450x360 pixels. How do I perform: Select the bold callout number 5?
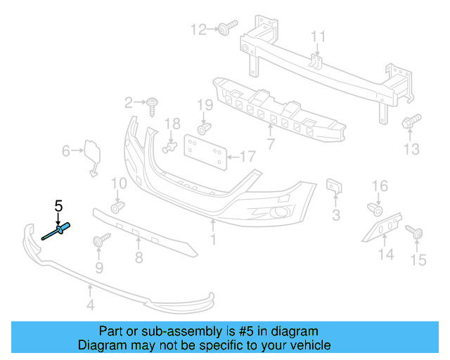pos(59,206)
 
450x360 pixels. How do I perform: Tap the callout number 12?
pos(199,30)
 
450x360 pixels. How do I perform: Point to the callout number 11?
pos(319,37)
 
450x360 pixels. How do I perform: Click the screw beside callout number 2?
pos(153,105)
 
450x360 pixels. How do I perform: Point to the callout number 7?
pos(270,145)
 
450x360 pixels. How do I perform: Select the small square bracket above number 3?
pos(334,187)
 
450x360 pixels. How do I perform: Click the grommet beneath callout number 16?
pos(376,209)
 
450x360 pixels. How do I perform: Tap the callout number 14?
pos(387,254)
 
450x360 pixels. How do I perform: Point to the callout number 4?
pos(89,304)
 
